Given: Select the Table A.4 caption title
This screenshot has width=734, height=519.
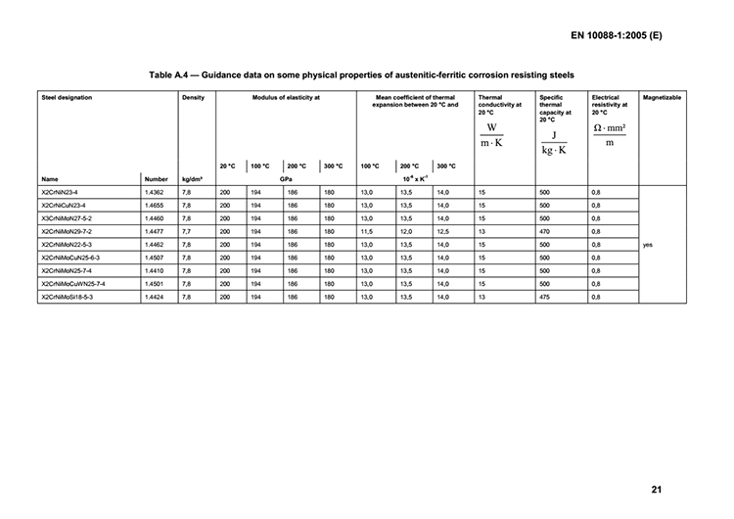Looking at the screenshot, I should pos(361,75).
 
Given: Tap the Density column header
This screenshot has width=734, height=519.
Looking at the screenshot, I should pos(193,99).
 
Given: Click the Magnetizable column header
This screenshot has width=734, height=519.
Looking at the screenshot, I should pos(662,99).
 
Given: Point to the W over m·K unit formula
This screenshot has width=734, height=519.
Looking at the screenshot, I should pos(491,135).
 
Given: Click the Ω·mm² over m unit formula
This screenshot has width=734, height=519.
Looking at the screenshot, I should pos(610,134).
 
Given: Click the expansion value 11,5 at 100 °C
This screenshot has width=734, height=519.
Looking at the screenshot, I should pos(366,232).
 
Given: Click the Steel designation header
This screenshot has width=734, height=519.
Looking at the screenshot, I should pos(69,99).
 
